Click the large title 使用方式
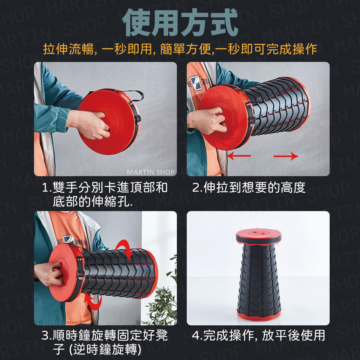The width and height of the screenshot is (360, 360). [180, 23]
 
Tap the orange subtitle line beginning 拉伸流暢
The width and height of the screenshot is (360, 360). [180, 49]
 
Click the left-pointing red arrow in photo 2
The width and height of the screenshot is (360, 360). [238, 156]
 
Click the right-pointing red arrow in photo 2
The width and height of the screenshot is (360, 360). [286, 156]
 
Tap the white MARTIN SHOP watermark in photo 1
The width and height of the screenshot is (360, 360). [150, 172]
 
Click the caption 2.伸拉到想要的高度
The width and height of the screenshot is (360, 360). [249, 188]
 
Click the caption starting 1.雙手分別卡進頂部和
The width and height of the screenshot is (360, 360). [105, 194]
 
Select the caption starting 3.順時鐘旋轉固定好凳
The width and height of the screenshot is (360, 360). [105, 343]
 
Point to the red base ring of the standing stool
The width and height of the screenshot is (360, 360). [259, 314]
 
